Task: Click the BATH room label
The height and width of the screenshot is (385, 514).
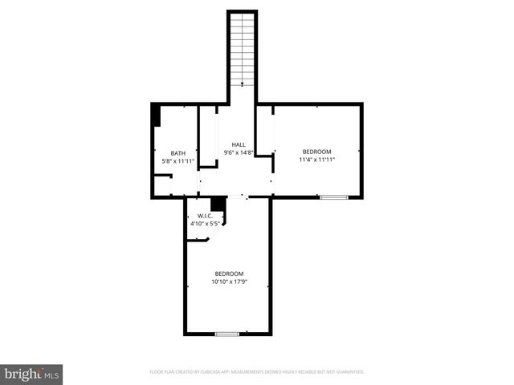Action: [178, 153]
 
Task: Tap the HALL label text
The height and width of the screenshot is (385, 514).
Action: [239, 144]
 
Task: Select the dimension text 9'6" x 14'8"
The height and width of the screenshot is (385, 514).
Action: [239, 152]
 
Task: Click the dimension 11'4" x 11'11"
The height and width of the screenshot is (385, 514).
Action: [316, 159]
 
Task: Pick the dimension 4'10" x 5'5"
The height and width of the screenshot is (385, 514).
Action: [205, 224]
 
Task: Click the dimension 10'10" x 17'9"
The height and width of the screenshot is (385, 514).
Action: [228, 282]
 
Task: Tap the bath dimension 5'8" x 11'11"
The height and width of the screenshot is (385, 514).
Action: [179, 161]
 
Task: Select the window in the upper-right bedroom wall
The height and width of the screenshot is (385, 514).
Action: [333, 197]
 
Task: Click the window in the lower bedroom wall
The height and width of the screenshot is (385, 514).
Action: [227, 333]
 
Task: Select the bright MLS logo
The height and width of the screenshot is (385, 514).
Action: [32, 373]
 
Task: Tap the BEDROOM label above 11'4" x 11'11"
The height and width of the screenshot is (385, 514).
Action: [316, 151]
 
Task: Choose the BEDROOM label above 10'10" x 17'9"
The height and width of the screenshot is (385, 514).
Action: [228, 274]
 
